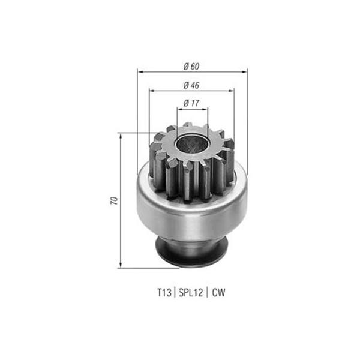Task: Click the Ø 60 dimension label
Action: (x=191, y=67)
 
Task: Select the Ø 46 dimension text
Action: (x=191, y=85)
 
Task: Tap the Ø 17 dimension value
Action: (x=191, y=103)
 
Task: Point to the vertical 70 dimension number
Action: (x=114, y=200)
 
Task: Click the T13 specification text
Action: (x=164, y=293)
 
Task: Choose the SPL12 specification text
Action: (x=191, y=293)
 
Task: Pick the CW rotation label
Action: (x=218, y=293)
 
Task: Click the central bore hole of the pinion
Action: (x=191, y=144)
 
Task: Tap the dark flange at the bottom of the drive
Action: (x=192, y=252)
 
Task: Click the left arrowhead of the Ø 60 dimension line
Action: (x=140, y=72)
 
